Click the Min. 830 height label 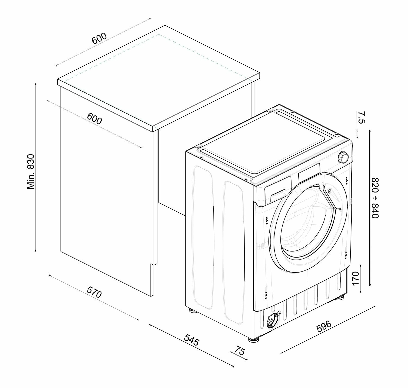[31, 172]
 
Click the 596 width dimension [324, 326]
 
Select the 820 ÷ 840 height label [375, 198]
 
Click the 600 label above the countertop [99, 39]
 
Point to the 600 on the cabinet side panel [94, 118]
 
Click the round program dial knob [343, 157]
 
